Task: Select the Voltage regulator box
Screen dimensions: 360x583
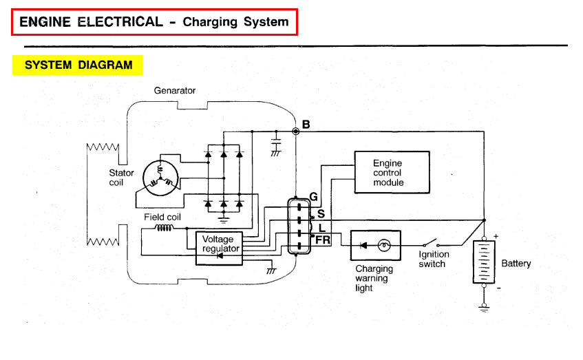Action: [x=218, y=248]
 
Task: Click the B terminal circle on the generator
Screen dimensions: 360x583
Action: [x=296, y=130]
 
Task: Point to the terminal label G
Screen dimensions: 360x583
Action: [x=313, y=197]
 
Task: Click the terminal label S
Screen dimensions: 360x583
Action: [x=320, y=213]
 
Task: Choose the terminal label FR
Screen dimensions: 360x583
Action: [x=323, y=240]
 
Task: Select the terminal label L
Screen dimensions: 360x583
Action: [x=321, y=227]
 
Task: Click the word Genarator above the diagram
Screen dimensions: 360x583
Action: [x=175, y=90]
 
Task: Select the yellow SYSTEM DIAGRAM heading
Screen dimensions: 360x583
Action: [x=78, y=65]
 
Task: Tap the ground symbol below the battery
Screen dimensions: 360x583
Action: [x=485, y=306]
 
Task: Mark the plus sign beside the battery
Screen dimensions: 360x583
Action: [x=496, y=236]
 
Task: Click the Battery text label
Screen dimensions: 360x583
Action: [x=516, y=264]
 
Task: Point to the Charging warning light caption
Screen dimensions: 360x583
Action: [x=374, y=278]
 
